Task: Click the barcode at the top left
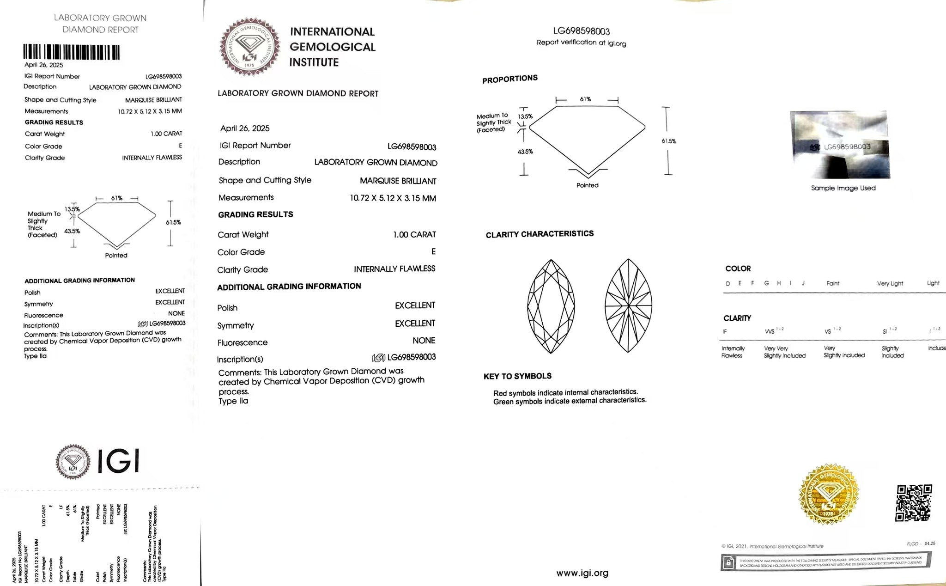(x=72, y=52)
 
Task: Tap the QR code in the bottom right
(x=914, y=503)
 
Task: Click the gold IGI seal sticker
(x=829, y=494)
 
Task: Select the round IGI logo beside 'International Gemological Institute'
(x=250, y=47)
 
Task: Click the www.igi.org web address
(x=582, y=573)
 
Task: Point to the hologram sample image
(x=840, y=145)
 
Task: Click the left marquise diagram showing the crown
(x=551, y=306)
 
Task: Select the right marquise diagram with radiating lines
(x=628, y=306)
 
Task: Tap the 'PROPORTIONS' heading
(x=509, y=79)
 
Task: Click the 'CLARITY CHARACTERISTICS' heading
(x=540, y=234)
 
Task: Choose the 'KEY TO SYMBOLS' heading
(x=517, y=376)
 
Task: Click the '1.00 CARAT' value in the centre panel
(x=414, y=235)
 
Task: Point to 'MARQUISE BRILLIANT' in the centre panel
(x=398, y=181)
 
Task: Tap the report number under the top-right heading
(x=582, y=31)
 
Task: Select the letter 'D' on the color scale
(x=728, y=284)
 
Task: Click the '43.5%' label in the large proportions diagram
(x=525, y=152)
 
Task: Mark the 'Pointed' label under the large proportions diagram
(x=587, y=185)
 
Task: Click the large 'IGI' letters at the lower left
(x=119, y=461)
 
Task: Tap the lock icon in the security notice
(x=728, y=562)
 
